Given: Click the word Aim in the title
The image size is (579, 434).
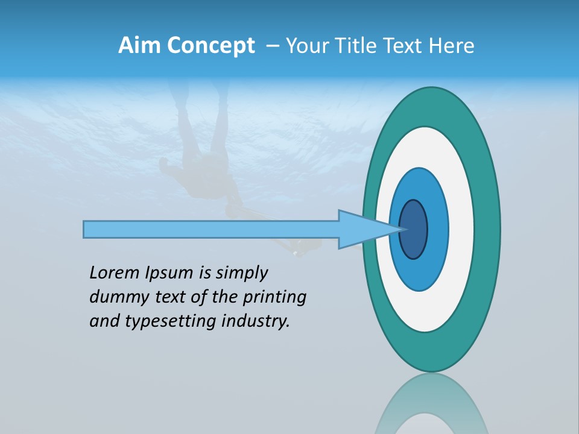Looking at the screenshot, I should click(139, 46).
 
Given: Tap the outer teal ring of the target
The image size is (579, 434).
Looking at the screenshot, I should click(487, 229).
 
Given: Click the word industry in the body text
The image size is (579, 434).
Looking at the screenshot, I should click(256, 322).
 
